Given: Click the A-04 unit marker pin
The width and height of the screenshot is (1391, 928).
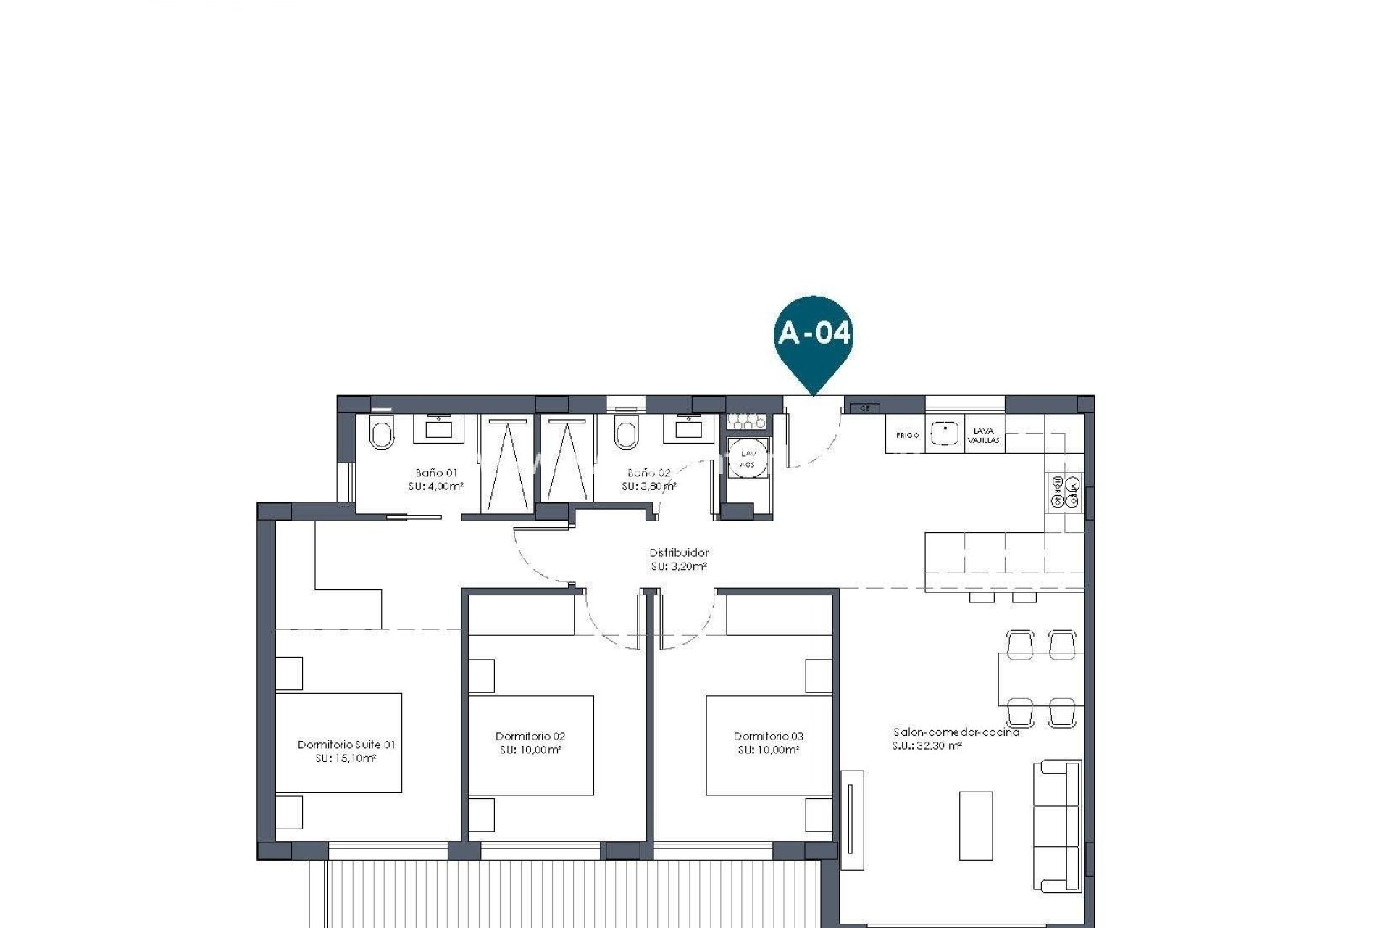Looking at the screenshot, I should click(814, 336).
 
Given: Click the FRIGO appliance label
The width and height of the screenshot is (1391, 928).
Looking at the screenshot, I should click(907, 435).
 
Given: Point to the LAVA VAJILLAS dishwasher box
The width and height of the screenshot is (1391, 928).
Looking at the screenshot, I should click(984, 435).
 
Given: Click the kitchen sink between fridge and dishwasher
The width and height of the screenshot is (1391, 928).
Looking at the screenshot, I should click(945, 434).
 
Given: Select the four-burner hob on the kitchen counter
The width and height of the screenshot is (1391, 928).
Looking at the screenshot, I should click(1064, 492).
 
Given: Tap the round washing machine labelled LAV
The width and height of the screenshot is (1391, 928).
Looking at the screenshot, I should click(747, 457).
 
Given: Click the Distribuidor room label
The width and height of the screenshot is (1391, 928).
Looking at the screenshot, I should click(679, 552).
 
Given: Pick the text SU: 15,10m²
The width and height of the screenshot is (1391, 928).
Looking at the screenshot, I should click(346, 758).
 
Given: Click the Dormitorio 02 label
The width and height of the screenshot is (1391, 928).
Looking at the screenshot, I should click(530, 736).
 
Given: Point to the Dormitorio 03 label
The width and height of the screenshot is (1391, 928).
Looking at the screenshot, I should click(768, 736).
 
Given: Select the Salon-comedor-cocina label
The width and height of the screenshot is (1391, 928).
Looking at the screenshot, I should click(956, 732).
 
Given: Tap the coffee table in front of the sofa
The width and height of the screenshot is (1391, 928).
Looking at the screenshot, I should click(976, 825).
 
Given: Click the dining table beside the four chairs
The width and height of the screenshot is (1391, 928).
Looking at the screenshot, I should click(1040, 679).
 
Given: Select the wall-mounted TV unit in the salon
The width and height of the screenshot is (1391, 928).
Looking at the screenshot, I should click(852, 820).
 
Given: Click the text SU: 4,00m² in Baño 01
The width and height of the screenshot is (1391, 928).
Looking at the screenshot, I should click(435, 486).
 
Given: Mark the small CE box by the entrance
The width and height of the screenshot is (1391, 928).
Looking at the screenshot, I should click(864, 408).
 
